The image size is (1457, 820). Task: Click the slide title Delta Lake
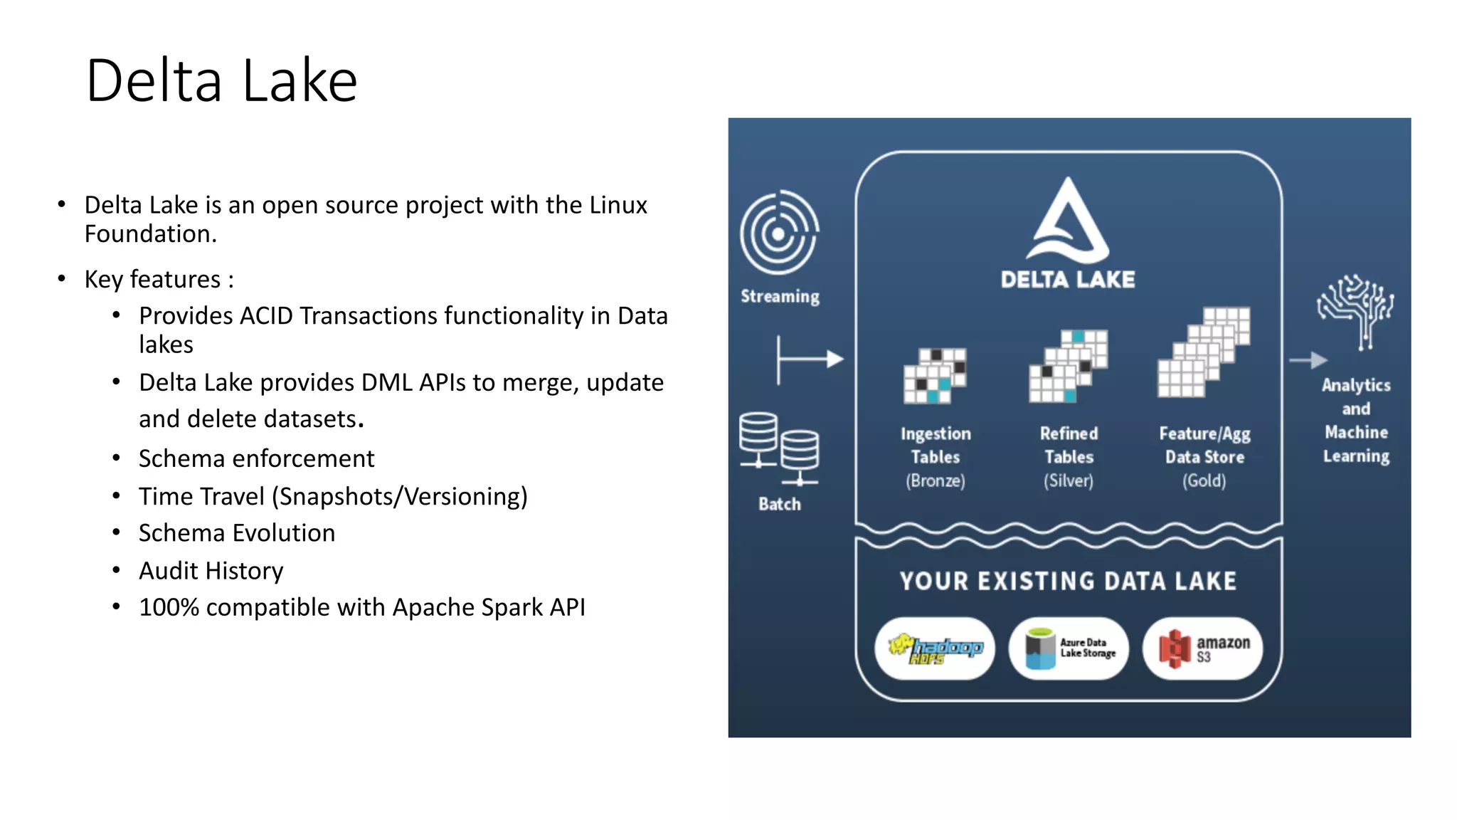(x=221, y=80)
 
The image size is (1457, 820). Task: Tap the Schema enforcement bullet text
(x=256, y=458)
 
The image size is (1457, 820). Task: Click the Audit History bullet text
(x=211, y=571)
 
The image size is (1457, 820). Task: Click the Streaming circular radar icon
(x=779, y=233)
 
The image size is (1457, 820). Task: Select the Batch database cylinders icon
(x=779, y=448)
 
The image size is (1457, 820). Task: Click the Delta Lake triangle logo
(x=1067, y=221)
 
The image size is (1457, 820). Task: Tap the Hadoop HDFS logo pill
(x=935, y=648)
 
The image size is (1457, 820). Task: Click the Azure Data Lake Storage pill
(x=1069, y=648)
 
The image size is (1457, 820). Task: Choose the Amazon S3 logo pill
(x=1203, y=648)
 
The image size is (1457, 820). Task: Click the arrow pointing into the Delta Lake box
(x=810, y=359)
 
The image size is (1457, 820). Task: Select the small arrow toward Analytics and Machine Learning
(x=1308, y=360)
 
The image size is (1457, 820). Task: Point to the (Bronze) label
(x=935, y=481)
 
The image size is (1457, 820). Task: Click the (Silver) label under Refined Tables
(x=1068, y=481)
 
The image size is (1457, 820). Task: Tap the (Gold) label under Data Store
(x=1204, y=481)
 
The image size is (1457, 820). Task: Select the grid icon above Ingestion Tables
(x=935, y=376)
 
